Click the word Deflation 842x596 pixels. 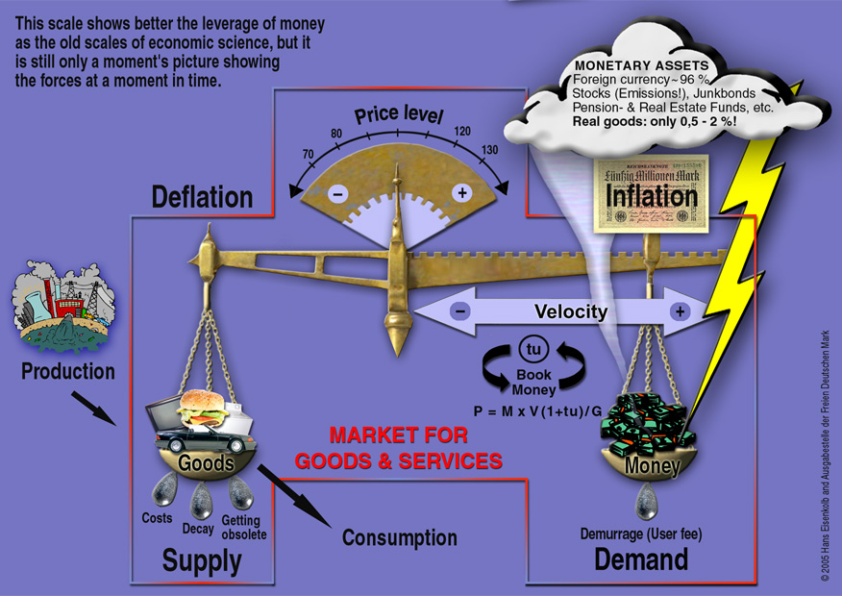pyautogui.click(x=202, y=197)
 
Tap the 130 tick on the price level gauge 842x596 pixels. pyautogui.click(x=491, y=150)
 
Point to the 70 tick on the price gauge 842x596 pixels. pyautogui.click(x=308, y=153)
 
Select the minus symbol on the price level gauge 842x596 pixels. pyautogui.click(x=338, y=193)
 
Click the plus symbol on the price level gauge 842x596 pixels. pyautogui.click(x=461, y=193)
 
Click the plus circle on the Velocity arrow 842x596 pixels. pyautogui.click(x=681, y=311)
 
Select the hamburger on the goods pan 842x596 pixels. pyautogui.click(x=203, y=405)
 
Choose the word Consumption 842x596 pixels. pyautogui.click(x=400, y=537)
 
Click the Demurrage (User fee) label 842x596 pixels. pyautogui.click(x=641, y=533)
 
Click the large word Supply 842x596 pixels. pyautogui.click(x=202, y=561)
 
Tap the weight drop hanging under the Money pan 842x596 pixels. pyautogui.click(x=646, y=500)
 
